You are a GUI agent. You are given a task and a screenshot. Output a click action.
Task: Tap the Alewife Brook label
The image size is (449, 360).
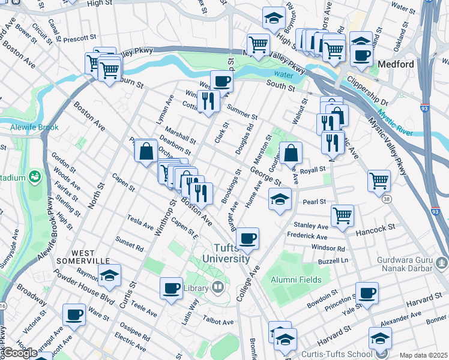[34, 127]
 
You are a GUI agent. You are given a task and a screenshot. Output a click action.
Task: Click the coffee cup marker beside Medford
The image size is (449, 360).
[361, 56]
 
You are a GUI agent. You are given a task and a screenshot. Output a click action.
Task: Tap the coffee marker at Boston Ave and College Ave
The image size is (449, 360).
[247, 239]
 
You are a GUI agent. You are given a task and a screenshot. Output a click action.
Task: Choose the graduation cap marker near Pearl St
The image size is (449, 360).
[280, 199]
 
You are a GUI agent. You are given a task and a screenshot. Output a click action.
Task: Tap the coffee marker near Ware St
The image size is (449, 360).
[74, 314]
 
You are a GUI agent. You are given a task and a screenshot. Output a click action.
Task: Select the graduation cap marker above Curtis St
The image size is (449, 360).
[109, 276]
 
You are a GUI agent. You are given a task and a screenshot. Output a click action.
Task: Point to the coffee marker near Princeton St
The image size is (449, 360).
[367, 293]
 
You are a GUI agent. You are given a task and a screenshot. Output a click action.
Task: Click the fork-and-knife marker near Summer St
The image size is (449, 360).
[208, 100]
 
